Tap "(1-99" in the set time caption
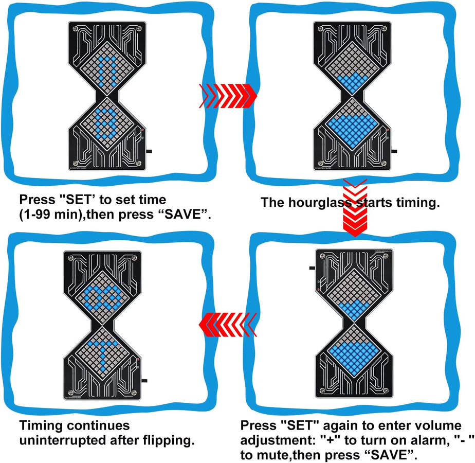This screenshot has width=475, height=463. (x=34, y=215)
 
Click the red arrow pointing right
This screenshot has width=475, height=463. (x=228, y=96)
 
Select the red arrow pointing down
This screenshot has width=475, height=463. (x=355, y=208)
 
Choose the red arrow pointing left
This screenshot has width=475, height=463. (x=228, y=325)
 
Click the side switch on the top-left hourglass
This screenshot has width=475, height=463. (x=149, y=151)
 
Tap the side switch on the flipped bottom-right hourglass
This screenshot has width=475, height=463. (x=312, y=268)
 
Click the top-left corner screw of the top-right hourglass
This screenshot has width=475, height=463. (x=320, y=28)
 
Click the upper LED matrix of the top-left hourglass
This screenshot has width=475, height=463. (x=107, y=68)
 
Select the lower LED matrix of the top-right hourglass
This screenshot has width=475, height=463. (x=352, y=124)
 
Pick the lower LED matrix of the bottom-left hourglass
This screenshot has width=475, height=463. (x=102, y=353)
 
